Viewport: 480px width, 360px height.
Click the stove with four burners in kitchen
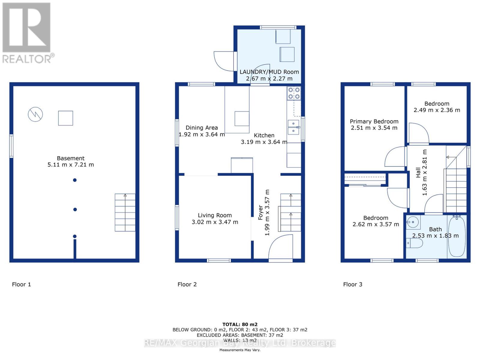294,93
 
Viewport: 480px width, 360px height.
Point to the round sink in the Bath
413,222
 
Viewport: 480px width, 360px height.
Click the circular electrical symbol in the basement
35,114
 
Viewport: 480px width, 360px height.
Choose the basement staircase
125,212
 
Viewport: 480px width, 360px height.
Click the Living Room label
214,215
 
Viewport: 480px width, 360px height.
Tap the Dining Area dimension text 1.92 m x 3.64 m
202,134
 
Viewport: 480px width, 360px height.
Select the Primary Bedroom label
374,121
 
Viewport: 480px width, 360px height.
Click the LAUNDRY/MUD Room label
269,72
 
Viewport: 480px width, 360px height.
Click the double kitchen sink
293,127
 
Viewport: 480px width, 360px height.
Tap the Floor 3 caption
352,284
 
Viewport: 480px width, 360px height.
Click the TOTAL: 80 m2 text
240,324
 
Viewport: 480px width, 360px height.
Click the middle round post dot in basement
75,209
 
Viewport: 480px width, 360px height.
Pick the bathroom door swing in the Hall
434,204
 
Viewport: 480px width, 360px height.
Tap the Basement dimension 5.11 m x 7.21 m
70,165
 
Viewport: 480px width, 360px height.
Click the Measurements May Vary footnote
240,350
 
